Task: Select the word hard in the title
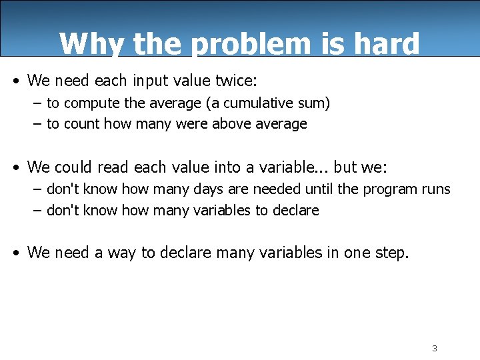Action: tap(389, 44)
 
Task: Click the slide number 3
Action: tap(434, 349)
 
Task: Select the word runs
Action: tap(436, 189)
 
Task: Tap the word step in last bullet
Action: tap(391, 253)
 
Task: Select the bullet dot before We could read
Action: tap(16, 167)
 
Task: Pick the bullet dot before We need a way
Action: tap(16, 253)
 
